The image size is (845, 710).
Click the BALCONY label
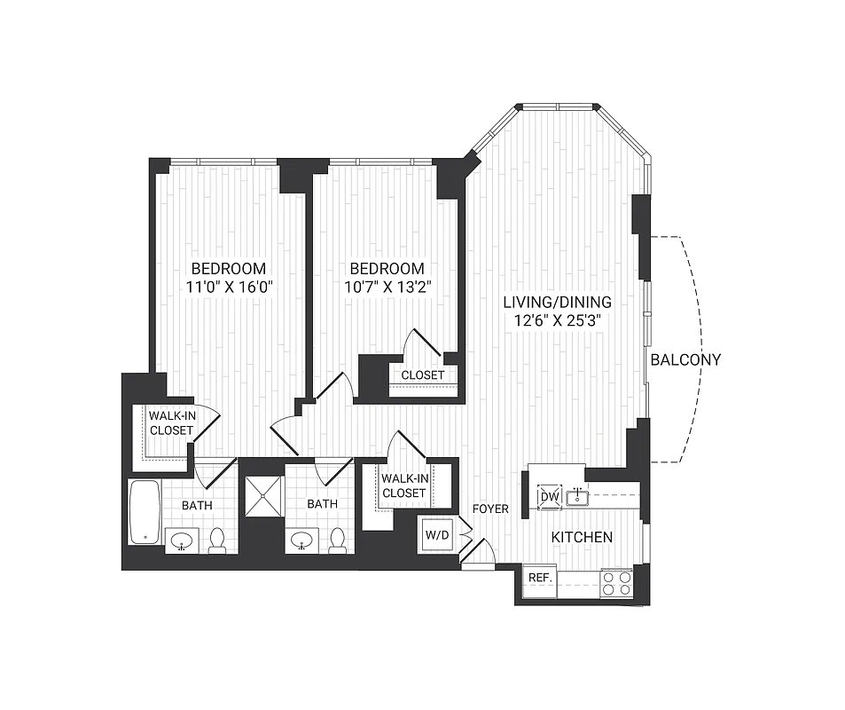[685, 359]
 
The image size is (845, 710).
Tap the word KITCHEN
[582, 537]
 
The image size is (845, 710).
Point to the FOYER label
[490, 509]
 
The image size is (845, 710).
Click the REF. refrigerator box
[540, 578]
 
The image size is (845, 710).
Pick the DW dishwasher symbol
[549, 497]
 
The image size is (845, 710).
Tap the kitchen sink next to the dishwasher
[577, 496]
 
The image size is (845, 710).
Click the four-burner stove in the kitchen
[617, 582]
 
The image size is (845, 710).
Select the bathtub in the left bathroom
[143, 512]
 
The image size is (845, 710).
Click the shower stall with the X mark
[264, 497]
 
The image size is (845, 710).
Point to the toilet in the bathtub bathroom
[217, 540]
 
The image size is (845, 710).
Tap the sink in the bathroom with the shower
[303, 539]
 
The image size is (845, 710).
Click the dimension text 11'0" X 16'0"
[228, 287]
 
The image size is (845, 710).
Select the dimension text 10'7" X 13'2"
[387, 287]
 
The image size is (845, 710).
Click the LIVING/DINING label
[556, 302]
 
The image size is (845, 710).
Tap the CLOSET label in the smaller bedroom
[422, 375]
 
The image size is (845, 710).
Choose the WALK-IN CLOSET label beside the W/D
[403, 485]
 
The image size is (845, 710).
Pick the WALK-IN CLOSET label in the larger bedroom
[170, 422]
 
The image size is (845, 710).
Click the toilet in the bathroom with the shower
[337, 540]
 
